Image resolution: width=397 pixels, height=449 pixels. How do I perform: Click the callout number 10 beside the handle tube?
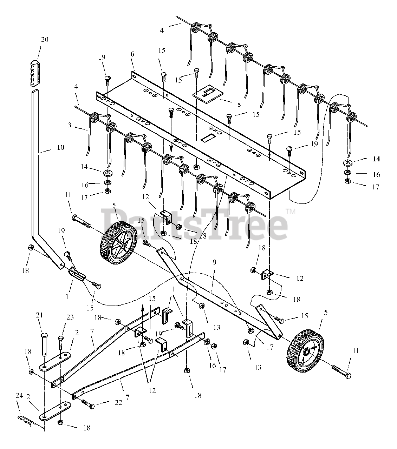click(x=60, y=147)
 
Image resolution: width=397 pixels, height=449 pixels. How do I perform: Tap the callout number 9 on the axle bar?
click(x=214, y=262)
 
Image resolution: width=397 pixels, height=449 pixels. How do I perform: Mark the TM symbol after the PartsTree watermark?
click(x=291, y=212)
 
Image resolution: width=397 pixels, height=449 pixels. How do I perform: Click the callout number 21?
click(x=39, y=315)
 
